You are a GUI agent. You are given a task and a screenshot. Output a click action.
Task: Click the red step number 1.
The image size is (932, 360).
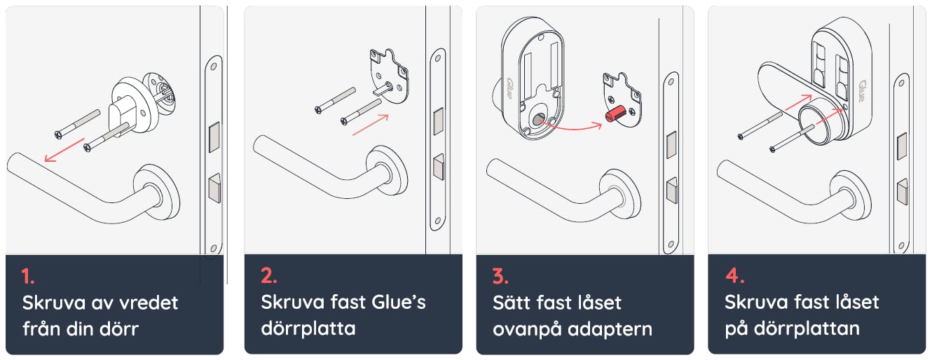(27, 277)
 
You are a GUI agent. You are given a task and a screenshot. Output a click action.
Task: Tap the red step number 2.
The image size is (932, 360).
(268, 276)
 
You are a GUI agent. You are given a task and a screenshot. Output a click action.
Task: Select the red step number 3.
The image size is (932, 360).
(500, 277)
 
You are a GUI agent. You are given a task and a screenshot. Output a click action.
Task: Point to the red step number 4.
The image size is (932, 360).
(735, 276)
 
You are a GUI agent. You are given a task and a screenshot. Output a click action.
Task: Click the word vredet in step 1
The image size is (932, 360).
(143, 303)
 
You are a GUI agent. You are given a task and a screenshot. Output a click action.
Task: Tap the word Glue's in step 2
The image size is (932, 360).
(399, 302)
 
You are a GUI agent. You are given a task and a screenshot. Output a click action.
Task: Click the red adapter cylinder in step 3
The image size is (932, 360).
(615, 113)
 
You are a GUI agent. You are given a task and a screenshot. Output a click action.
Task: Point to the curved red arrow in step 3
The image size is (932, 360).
(572, 127)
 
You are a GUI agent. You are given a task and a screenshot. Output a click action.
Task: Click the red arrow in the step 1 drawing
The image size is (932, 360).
(64, 150)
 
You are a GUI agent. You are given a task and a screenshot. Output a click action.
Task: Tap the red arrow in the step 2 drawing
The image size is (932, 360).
(370, 125)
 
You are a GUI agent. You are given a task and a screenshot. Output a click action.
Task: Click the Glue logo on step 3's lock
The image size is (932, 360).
(509, 88)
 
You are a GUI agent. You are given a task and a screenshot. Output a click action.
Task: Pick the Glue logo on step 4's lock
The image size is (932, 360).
(862, 91)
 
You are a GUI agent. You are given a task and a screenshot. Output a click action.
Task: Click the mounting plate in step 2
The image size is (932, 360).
(389, 76)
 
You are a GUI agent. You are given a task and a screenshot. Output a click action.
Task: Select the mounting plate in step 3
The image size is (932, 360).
(623, 99)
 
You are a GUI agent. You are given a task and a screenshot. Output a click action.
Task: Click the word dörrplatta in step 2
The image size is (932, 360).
(308, 328)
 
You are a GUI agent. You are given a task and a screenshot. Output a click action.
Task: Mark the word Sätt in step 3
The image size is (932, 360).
(512, 303)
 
